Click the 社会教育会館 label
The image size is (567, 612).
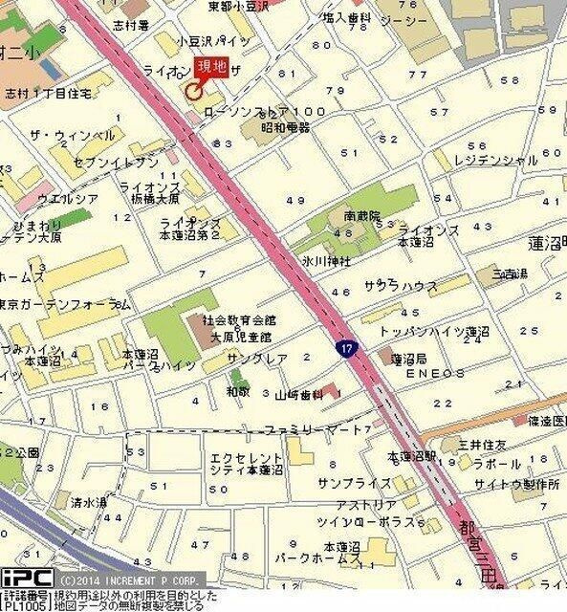click(x=236, y=322)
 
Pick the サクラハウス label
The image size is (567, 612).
click(x=401, y=287)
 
